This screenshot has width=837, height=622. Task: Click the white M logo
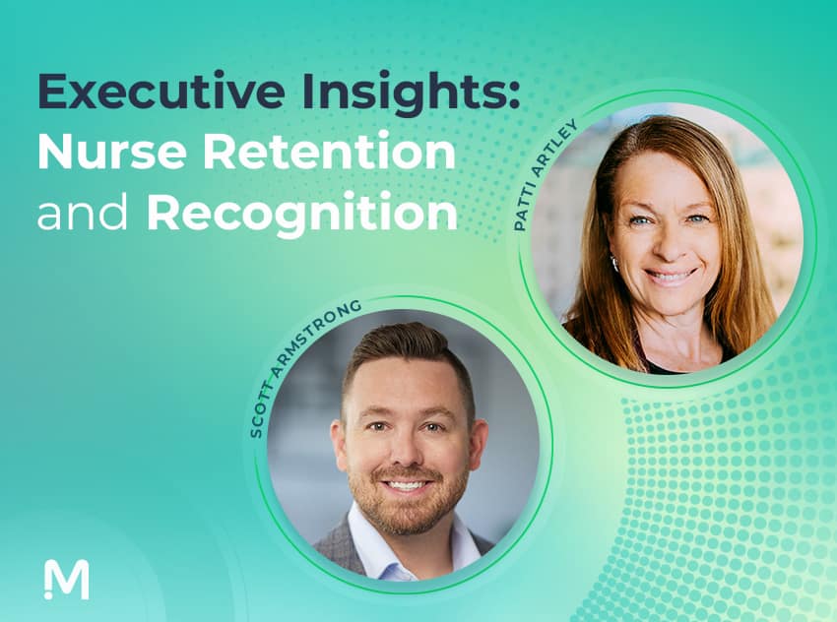pyautogui.click(x=67, y=579)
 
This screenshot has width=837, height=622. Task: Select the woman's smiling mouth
pyautogui.click(x=671, y=277)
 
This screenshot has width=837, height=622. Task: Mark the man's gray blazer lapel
pyautogui.click(x=337, y=551)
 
